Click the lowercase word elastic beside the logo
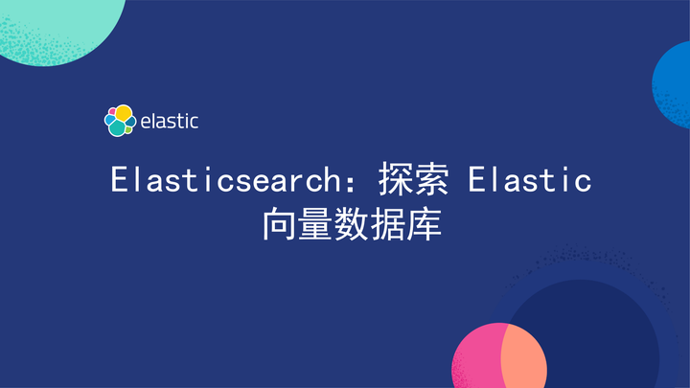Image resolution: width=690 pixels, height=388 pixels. [169, 122]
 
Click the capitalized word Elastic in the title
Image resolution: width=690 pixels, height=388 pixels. [530, 179]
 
